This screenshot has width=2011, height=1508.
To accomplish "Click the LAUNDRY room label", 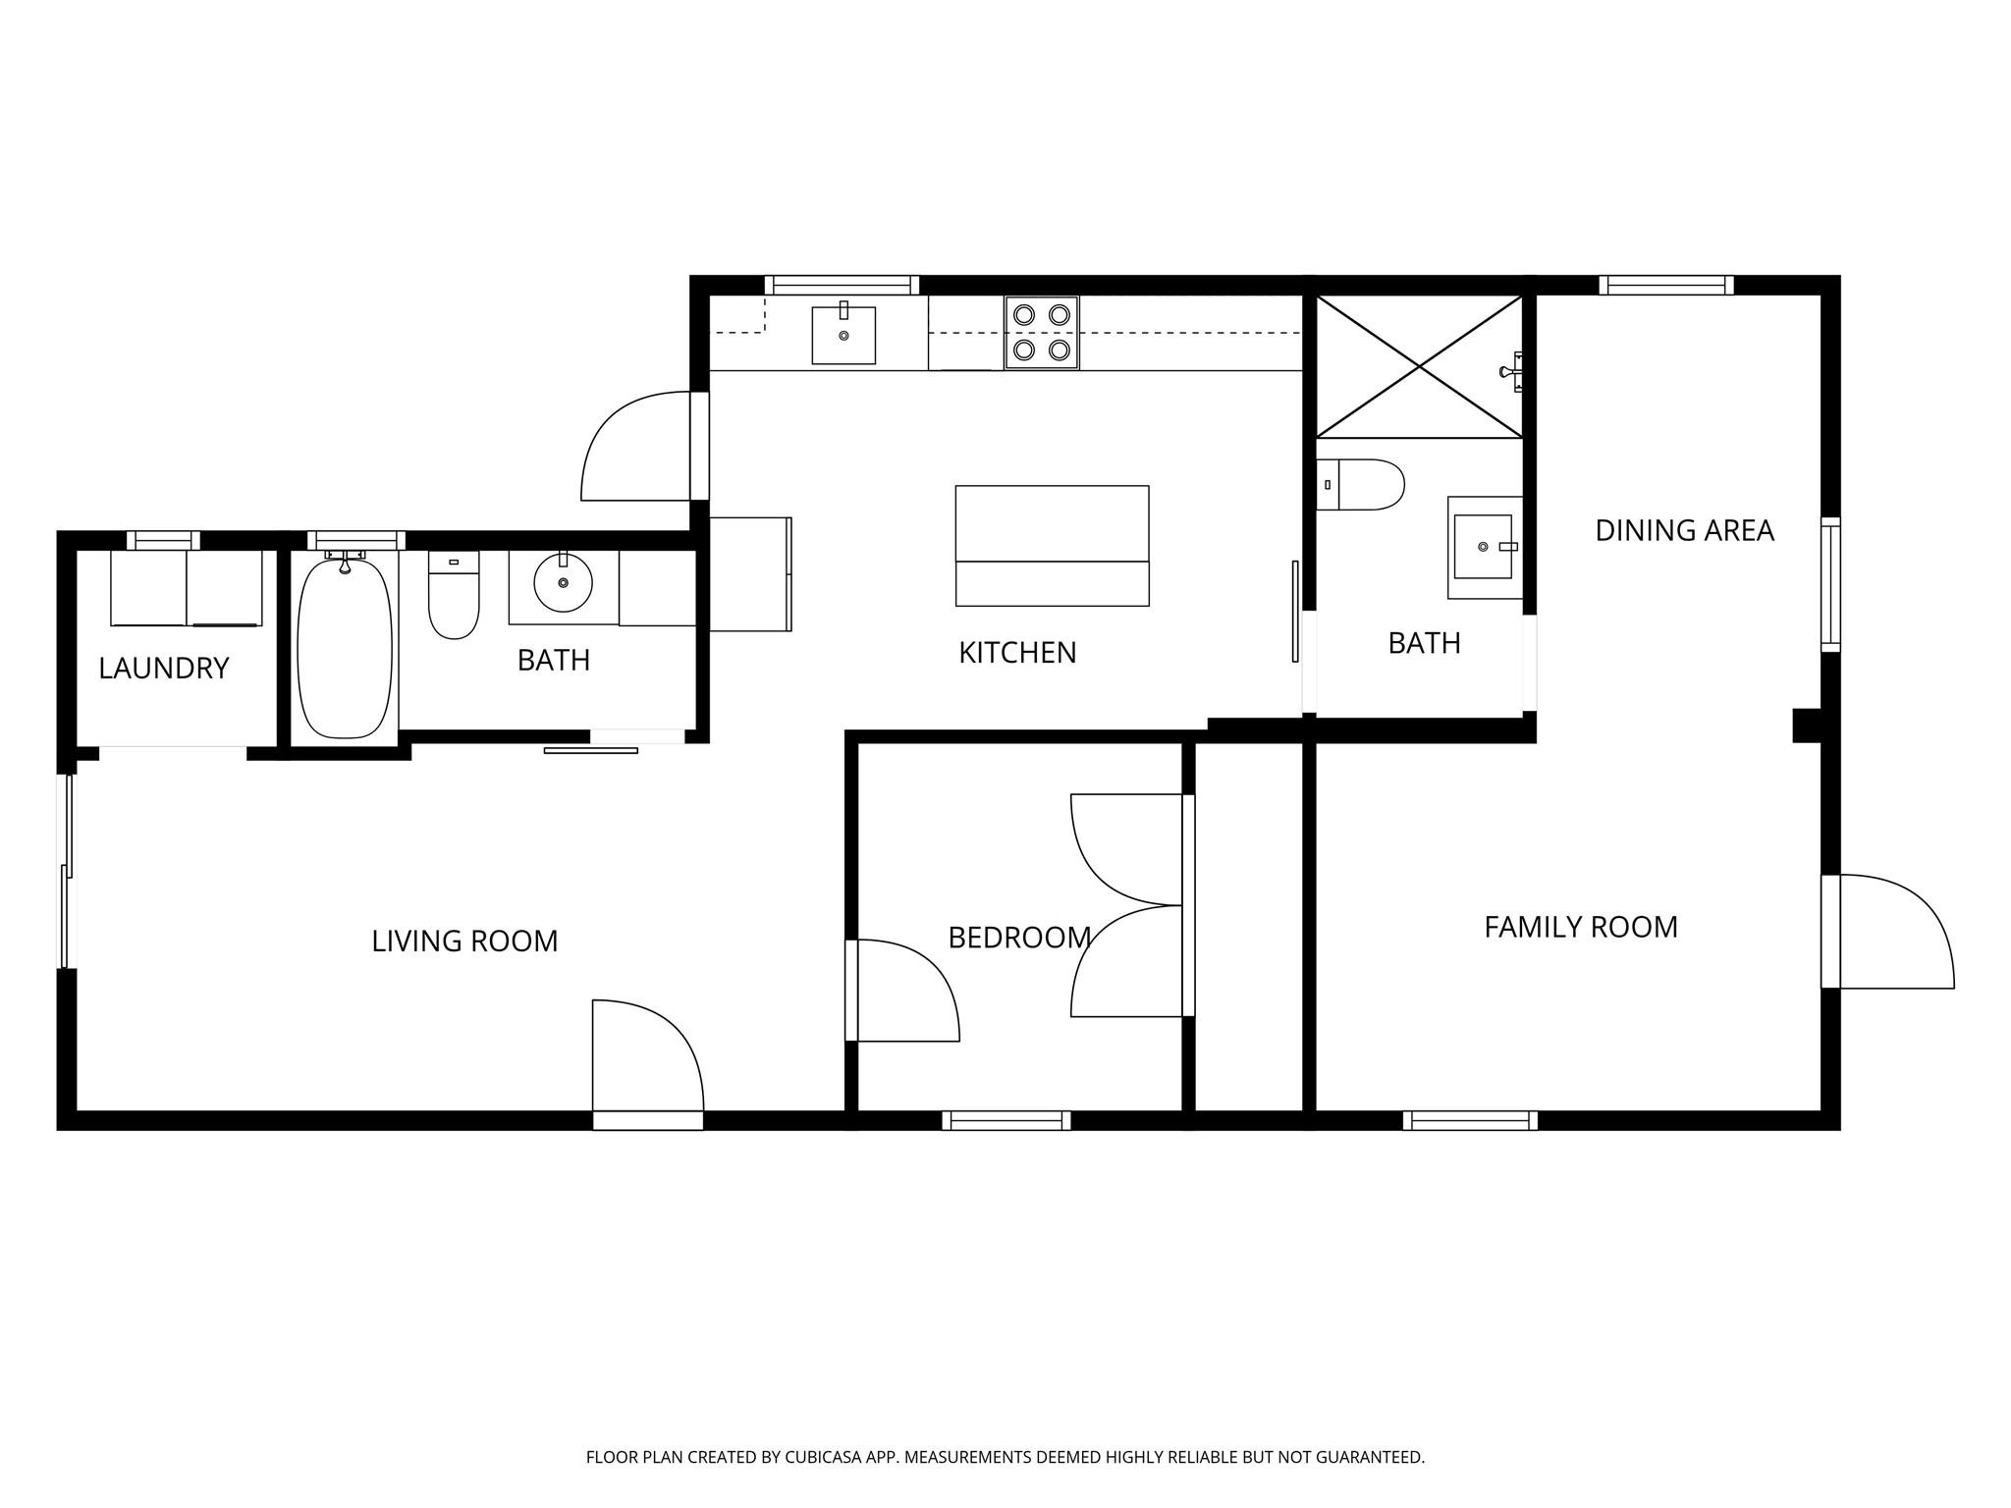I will (x=163, y=669).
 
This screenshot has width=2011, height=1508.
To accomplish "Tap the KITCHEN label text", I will (x=1017, y=653).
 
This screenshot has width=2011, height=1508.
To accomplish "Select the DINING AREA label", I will (x=1684, y=531).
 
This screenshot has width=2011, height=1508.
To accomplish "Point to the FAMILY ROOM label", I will (x=1580, y=928).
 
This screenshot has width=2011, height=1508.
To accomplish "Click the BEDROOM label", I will (x=1019, y=939).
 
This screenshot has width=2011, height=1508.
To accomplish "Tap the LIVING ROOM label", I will (x=464, y=942).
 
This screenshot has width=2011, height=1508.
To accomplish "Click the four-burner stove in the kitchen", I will (x=1041, y=332).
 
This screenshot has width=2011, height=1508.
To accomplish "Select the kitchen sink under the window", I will (x=843, y=335).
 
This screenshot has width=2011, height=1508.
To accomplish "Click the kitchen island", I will (x=1052, y=545).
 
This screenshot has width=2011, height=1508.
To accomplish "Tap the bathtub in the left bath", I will (x=344, y=649).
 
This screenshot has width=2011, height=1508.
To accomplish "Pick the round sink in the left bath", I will (x=563, y=582).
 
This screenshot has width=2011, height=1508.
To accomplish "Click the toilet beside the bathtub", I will (x=454, y=600).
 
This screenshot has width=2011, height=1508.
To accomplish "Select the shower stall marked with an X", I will (x=1418, y=366).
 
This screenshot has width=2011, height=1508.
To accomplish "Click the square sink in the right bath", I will (x=1483, y=547).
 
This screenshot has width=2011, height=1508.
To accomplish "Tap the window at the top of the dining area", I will (x=1665, y=286).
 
